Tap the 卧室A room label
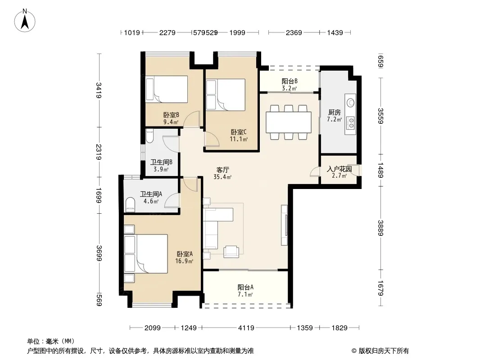click(185, 254)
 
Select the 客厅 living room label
click(222, 170)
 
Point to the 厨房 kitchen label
click(334, 112)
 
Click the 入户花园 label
click(339, 169)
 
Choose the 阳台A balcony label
click(245, 287)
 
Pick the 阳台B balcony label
click(290, 81)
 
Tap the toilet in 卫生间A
click(130, 205)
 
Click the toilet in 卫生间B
click(149, 136)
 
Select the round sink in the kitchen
click(350, 102)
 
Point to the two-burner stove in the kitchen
click(351, 123)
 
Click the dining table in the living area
click(288, 122)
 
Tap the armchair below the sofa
click(231, 252)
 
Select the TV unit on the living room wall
click(285, 225)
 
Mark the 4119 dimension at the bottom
click(246, 328)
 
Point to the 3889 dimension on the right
click(380, 228)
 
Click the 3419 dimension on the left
click(99, 90)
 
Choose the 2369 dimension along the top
click(294, 32)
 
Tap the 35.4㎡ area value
click(222, 177)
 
